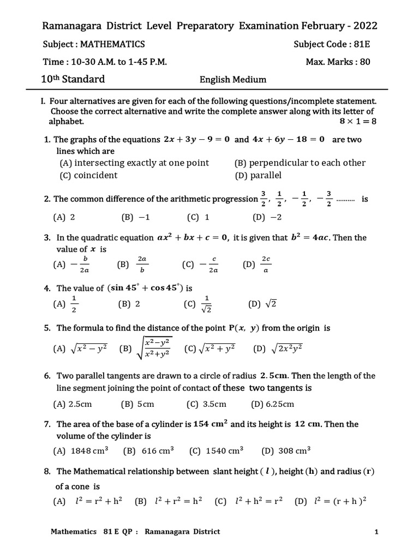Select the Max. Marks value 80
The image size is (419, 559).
pyautogui.click(x=364, y=62)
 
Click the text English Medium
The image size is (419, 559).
pyautogui.click(x=233, y=80)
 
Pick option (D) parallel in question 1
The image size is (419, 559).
pyautogui.click(x=258, y=175)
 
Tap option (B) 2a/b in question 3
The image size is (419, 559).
pyautogui.click(x=133, y=264)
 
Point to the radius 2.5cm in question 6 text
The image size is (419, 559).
pyautogui.click(x=278, y=376)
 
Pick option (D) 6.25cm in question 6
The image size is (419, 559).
pyautogui.click(x=273, y=404)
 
